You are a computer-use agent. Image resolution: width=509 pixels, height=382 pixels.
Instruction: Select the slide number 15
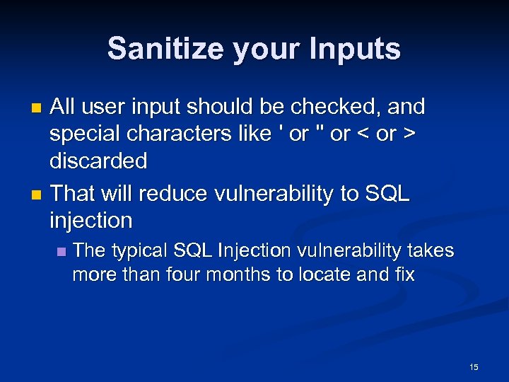(x=474, y=366)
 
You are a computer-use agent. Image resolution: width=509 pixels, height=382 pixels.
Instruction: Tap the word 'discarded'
(x=98, y=161)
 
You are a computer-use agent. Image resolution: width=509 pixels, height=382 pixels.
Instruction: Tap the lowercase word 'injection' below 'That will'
(x=90, y=220)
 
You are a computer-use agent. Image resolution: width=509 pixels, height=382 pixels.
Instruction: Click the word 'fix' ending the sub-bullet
(x=405, y=274)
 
